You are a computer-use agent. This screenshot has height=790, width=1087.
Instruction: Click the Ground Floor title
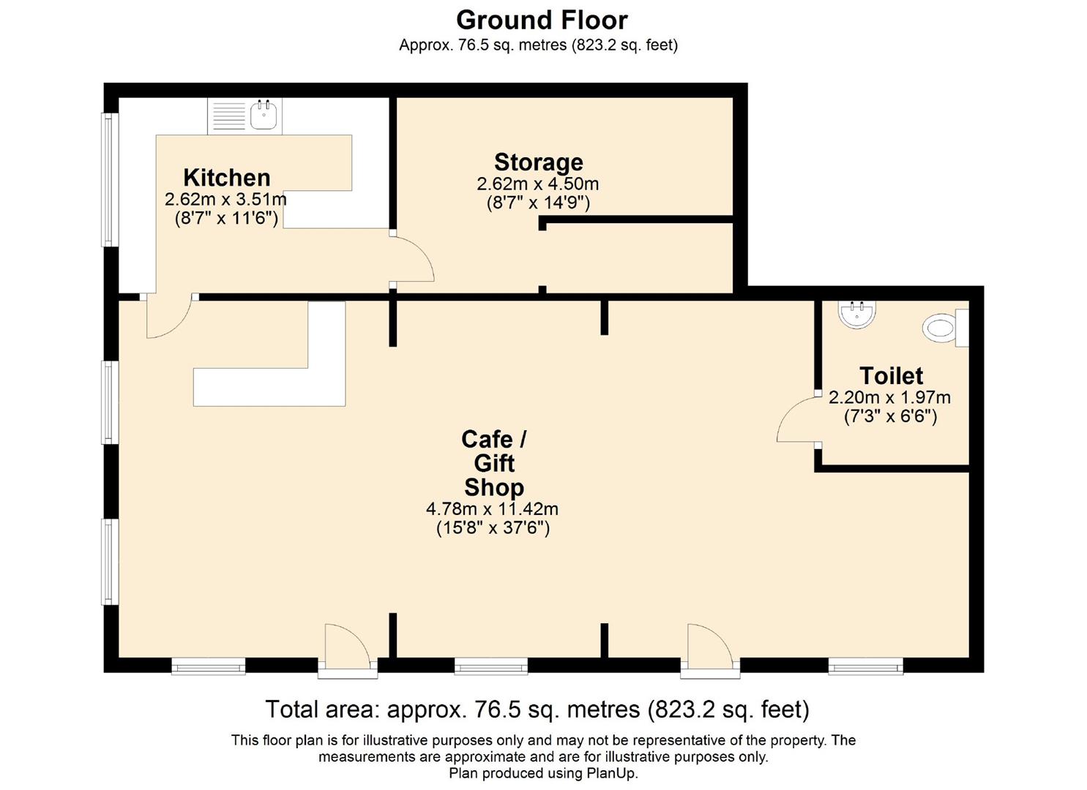tap(542, 20)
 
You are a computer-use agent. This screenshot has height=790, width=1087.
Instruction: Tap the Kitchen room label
tap(227, 178)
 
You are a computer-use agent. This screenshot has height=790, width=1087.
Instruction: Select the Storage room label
tap(538, 162)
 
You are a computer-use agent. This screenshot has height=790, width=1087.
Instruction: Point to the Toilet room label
tap(891, 376)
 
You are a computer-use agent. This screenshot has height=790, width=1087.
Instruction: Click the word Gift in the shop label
tap(494, 463)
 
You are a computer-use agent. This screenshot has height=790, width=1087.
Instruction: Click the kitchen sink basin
tap(264, 116)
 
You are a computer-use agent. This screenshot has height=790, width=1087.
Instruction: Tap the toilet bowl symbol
tap(941, 328)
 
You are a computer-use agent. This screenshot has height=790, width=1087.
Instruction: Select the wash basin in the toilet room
tap(856, 313)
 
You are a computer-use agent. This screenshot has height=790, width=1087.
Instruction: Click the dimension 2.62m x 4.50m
tap(538, 184)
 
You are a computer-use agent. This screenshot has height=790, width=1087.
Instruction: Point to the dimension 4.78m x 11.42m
tap(492, 508)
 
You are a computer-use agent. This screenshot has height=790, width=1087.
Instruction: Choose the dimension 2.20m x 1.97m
tap(889, 398)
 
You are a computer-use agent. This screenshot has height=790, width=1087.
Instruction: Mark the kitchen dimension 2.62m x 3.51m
tap(225, 199)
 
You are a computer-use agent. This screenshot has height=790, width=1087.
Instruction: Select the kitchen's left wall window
tap(110, 180)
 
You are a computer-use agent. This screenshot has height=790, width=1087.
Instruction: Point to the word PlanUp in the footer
tap(610, 772)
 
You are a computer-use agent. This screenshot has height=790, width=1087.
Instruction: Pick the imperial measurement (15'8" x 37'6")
tap(493, 527)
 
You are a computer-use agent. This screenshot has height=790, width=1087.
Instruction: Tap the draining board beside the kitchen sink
tap(229, 116)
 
